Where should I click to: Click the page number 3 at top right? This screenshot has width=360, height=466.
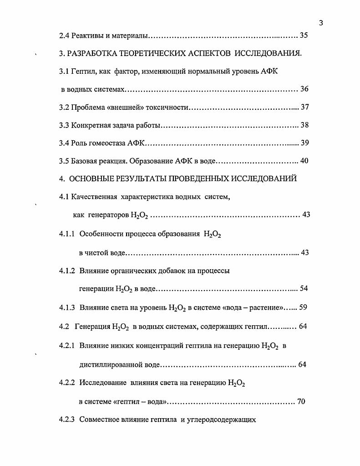click(x=321, y=23)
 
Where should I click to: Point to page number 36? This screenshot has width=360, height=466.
click(x=304, y=89)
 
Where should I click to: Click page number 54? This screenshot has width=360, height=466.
click(x=304, y=289)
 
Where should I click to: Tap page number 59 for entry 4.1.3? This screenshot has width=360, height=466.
click(x=304, y=307)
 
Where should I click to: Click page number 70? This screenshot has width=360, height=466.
click(x=301, y=402)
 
